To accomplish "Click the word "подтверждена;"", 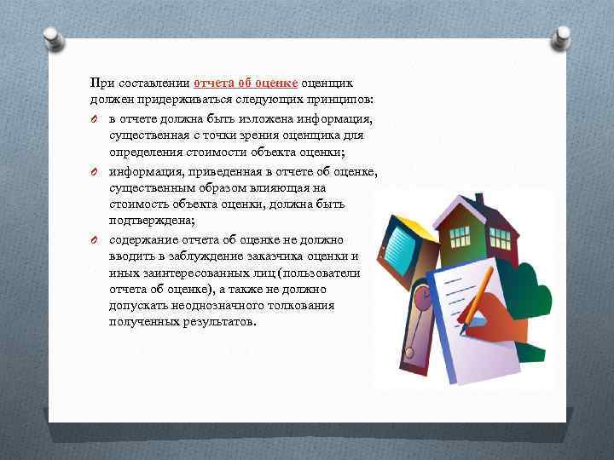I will click(x=148, y=221).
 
